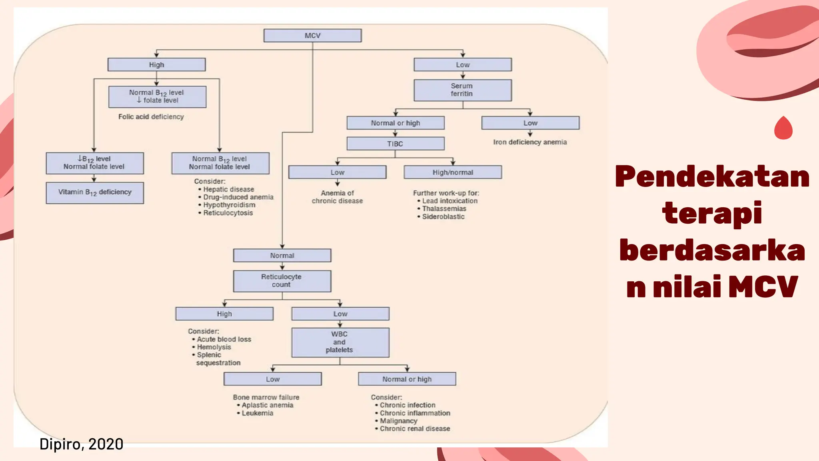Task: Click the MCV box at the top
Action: point(312,36)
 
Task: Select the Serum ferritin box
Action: point(462,90)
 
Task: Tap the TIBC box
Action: point(395,144)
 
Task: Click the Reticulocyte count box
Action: point(282,281)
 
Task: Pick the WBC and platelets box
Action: point(340,342)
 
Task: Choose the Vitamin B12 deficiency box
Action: point(95,192)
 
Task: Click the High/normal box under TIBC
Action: point(453,172)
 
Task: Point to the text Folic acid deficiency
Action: point(151,117)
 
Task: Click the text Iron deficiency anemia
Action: point(530,142)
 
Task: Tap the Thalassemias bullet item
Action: point(444,209)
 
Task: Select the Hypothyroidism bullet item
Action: point(229,205)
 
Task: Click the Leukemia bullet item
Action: point(257,413)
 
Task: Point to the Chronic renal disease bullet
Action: point(415,429)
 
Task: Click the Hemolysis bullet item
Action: point(214,347)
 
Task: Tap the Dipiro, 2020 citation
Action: point(82,444)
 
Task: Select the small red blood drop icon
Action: point(783,128)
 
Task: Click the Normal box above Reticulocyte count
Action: point(282,256)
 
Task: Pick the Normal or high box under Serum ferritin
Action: point(395,123)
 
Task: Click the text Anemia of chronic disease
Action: point(337,197)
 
